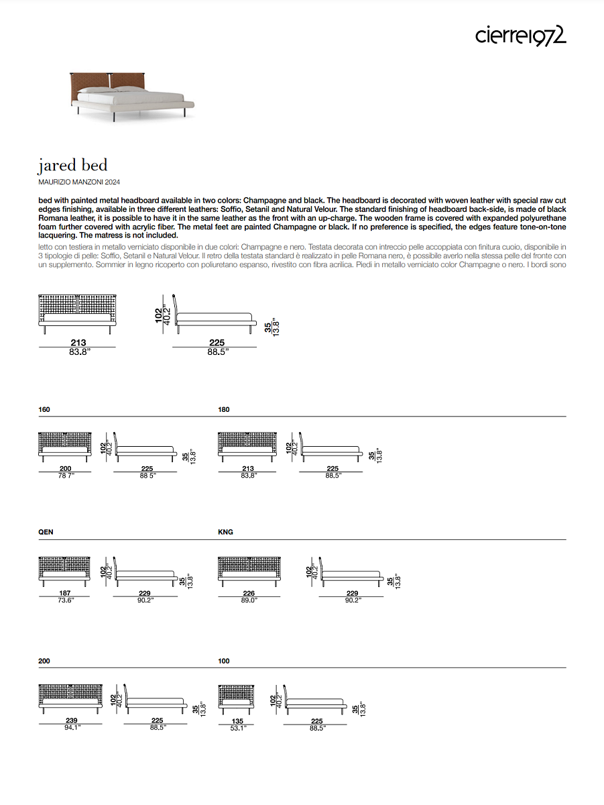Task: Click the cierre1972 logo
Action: tap(521, 36)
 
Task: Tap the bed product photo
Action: tap(131, 95)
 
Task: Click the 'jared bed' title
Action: tap(72, 165)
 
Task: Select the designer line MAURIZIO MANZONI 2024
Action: tap(79, 182)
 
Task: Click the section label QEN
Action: tap(46, 532)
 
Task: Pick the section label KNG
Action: tap(225, 532)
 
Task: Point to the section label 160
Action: tap(44, 409)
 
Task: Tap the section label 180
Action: tap(224, 409)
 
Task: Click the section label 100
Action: tap(224, 661)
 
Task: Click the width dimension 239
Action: tap(70, 720)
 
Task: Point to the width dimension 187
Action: tap(64, 593)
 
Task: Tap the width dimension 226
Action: tap(248, 593)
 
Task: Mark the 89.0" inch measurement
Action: tap(248, 600)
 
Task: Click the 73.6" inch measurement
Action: tap(64, 600)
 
